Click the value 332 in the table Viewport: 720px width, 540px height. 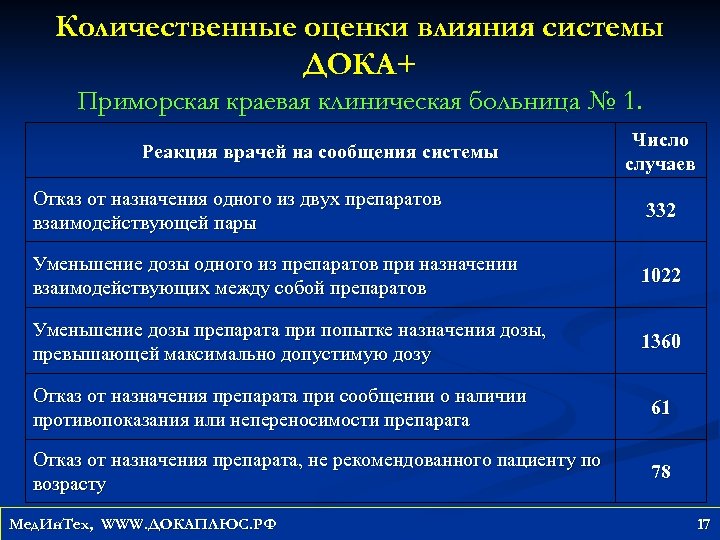coord(660,211)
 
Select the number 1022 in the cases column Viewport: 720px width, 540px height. coord(660,275)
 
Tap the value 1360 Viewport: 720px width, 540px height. coord(660,341)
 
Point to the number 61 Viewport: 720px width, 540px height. coord(660,407)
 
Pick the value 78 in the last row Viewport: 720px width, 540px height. coord(660,471)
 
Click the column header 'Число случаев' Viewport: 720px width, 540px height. coord(660,152)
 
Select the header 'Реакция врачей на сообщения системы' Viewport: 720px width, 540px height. coord(320,153)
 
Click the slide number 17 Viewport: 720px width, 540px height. coord(702,523)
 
